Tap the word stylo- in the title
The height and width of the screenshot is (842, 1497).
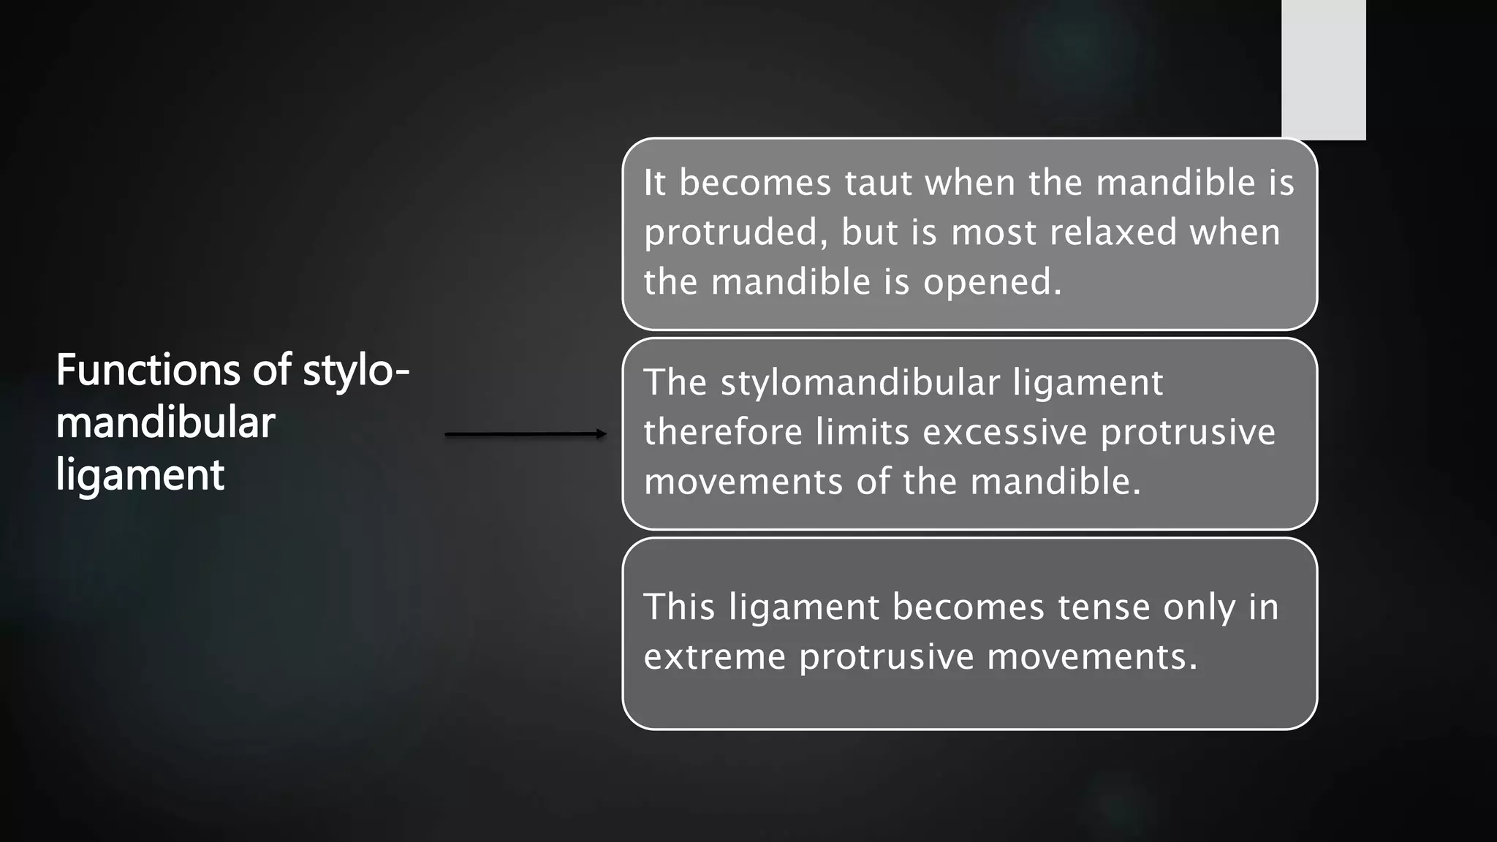pos(356,371)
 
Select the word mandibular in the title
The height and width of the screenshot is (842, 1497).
pos(165,422)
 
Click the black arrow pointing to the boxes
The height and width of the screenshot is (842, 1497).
pos(526,434)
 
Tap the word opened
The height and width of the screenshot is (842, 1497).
pos(992,282)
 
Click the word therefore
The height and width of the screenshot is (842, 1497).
pos(723,432)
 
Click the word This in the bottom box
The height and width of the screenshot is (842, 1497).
pos(679,607)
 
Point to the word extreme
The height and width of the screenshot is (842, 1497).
pos(714,656)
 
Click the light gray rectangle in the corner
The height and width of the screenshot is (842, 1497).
pos(1323,69)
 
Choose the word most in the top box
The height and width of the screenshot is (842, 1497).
pos(993,232)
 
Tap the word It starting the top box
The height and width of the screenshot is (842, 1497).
pos(654,183)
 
